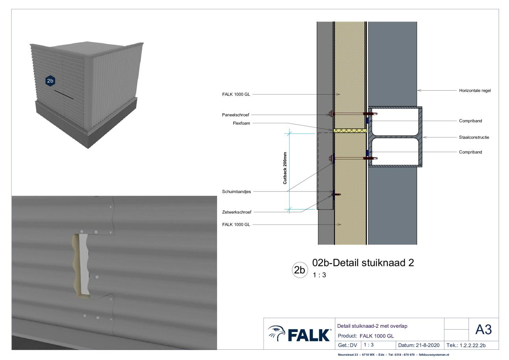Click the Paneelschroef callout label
[x=236, y=115]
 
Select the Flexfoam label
[x=241, y=123]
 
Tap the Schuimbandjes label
[x=236, y=192]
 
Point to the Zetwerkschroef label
[x=236, y=212]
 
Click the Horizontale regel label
[x=475, y=91]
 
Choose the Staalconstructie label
[x=474, y=137]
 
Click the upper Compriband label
[x=470, y=121]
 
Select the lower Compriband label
[x=470, y=152]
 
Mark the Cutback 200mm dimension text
[x=285, y=168]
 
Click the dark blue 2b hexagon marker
[x=50, y=81]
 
